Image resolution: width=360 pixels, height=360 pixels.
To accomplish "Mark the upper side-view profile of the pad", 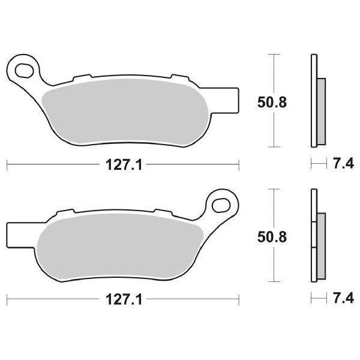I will coord(316,100).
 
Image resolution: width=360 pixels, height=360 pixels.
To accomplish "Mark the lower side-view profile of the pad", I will coord(316,236).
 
